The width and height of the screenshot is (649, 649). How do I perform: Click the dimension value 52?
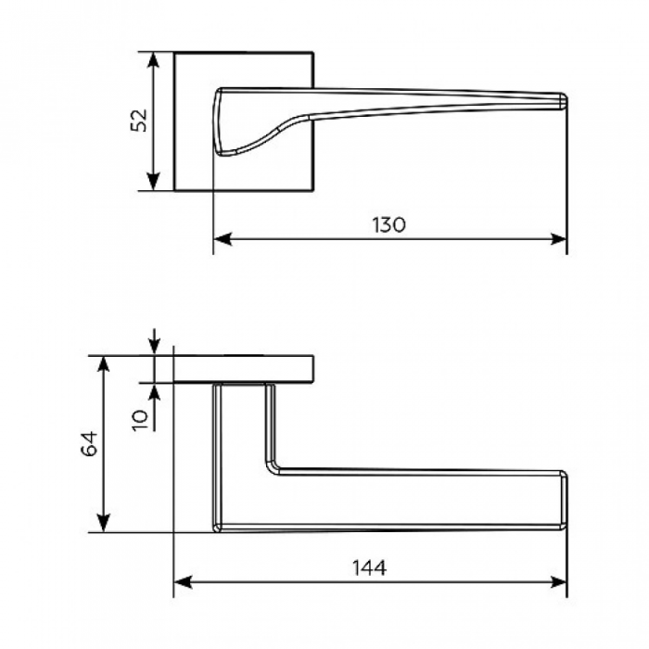click(x=139, y=120)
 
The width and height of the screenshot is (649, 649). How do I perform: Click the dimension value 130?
click(x=389, y=225)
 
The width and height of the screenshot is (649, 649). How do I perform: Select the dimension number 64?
click(x=89, y=443)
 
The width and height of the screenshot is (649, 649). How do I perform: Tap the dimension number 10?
click(x=139, y=420)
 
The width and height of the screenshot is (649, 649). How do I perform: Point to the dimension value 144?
click(x=369, y=567)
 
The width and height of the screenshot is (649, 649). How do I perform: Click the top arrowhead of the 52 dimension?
click(x=154, y=60)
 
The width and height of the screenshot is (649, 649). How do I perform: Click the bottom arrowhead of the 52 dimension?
click(x=154, y=182)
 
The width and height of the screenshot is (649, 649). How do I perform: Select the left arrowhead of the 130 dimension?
click(x=223, y=239)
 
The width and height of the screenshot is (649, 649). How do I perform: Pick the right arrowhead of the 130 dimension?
click(x=558, y=239)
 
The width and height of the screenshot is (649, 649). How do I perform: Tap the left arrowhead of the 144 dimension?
click(x=183, y=582)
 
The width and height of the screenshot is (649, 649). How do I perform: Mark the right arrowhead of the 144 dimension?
click(x=558, y=582)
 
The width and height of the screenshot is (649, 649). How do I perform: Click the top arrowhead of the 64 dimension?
click(x=104, y=364)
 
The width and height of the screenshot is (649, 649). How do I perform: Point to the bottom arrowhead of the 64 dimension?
click(x=104, y=523)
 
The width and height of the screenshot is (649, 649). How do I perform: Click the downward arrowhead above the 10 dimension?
click(x=154, y=346)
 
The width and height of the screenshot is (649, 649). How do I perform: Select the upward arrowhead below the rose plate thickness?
click(x=154, y=392)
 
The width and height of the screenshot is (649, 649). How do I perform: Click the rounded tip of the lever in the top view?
click(x=563, y=101)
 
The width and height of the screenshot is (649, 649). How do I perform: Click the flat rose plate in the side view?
click(x=243, y=369)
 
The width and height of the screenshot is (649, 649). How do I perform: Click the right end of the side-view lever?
click(x=564, y=501)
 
